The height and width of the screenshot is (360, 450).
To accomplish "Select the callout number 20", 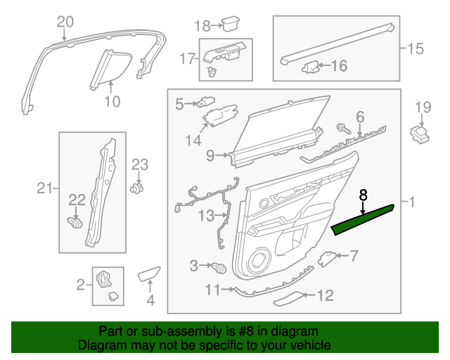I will [x=65, y=21].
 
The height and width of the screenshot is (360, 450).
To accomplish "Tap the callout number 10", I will [x=112, y=101].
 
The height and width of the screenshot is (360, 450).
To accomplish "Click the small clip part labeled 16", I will [x=310, y=67].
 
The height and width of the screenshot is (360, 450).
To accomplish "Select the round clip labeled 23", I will [x=138, y=188].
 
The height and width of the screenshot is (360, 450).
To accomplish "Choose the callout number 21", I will [x=44, y=188].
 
